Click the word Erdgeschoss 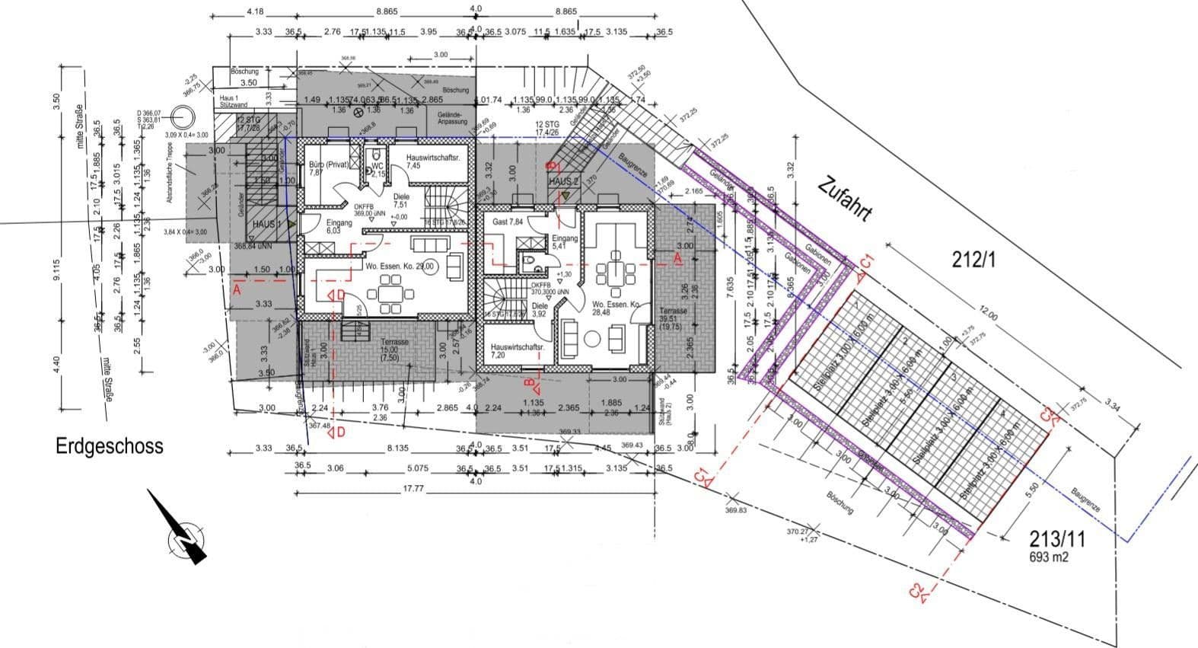tap(110, 446)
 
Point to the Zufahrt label tap(845, 200)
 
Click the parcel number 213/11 tap(1057, 540)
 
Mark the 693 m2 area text tap(1050, 557)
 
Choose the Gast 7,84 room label tap(508, 222)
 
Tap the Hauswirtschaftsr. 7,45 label tap(431, 161)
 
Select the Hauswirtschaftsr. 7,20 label tap(518, 350)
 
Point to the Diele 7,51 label tap(401, 200)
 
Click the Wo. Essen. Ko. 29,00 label tap(400, 267)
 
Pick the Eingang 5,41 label tap(565, 242)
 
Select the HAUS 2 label tap(564, 182)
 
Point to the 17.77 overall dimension tap(413, 489)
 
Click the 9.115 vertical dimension tap(56, 269)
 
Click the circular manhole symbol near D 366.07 tap(183, 119)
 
